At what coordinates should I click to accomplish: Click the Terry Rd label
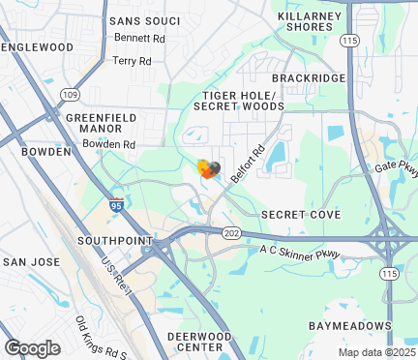click(x=133, y=60)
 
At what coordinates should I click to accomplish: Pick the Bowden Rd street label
click(x=108, y=144)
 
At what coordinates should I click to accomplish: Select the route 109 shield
click(x=70, y=95)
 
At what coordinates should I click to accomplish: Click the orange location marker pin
click(x=204, y=168)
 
